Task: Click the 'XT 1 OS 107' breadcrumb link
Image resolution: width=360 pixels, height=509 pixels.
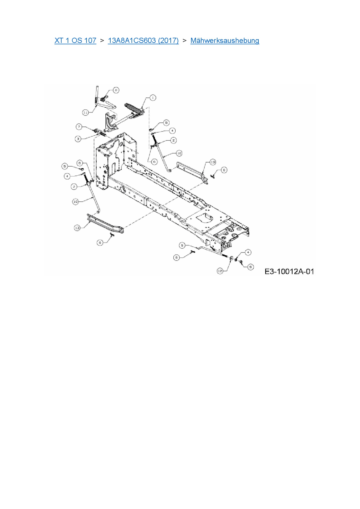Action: pyautogui.click(x=75, y=41)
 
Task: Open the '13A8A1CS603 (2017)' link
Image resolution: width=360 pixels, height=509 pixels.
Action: pyautogui.click(x=143, y=41)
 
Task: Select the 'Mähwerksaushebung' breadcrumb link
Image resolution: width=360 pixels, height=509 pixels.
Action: pyautogui.click(x=225, y=41)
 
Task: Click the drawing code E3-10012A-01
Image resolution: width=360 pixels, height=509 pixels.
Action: pyautogui.click(x=289, y=272)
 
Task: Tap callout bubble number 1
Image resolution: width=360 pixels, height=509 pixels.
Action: pyautogui.click(x=153, y=98)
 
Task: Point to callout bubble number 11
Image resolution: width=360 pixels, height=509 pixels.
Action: pyautogui.click(x=85, y=112)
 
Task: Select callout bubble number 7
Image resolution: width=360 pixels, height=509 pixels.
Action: pyautogui.click(x=79, y=127)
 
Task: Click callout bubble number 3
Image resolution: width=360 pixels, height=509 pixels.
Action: pyautogui.click(x=78, y=139)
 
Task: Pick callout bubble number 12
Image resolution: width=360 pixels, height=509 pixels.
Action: pyautogui.click(x=220, y=271)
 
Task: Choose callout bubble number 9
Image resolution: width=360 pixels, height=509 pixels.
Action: pyautogui.click(x=182, y=246)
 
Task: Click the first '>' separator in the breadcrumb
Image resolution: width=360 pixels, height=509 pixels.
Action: pyautogui.click(x=102, y=41)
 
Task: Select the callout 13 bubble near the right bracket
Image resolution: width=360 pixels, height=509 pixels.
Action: pyautogui.click(x=213, y=162)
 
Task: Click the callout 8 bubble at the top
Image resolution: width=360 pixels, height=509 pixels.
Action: pyautogui.click(x=116, y=90)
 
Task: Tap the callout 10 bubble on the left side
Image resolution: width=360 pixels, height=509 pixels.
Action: pyautogui.click(x=75, y=201)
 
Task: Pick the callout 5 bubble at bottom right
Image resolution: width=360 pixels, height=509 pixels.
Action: pyautogui.click(x=251, y=267)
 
